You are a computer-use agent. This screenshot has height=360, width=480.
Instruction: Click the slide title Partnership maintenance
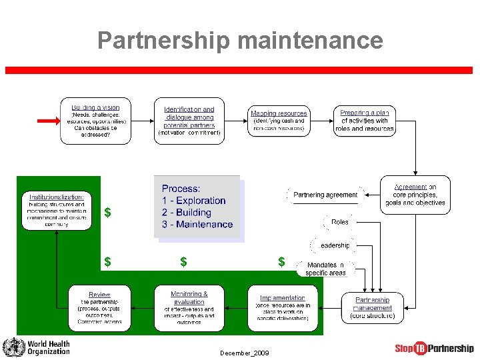click(x=240, y=41)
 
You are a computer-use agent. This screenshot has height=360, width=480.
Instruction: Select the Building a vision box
click(x=95, y=121)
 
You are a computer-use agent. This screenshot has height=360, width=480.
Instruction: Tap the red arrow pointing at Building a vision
click(x=48, y=121)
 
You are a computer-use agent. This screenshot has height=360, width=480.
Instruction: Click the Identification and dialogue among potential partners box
click(x=189, y=121)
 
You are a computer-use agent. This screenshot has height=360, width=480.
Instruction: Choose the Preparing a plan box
click(x=364, y=121)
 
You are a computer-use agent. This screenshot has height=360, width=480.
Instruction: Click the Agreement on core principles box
click(x=415, y=195)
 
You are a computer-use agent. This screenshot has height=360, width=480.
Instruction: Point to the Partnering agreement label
click(x=325, y=195)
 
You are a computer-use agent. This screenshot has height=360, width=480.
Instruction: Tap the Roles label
click(x=339, y=222)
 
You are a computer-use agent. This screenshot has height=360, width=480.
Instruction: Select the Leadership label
click(x=334, y=245)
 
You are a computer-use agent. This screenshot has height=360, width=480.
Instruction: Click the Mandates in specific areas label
click(x=326, y=269)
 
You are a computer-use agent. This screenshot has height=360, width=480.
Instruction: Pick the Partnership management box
click(x=373, y=307)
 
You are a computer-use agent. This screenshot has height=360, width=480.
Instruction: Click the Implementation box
click(x=282, y=307)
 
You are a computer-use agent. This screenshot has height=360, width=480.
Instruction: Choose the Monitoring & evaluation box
click(x=189, y=307)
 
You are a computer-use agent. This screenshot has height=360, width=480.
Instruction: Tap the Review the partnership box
click(x=99, y=307)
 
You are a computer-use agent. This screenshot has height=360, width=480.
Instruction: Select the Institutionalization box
click(x=57, y=210)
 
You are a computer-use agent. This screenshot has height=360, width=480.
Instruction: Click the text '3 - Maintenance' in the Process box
click(x=197, y=225)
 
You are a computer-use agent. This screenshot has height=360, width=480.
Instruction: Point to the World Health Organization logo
click(x=36, y=347)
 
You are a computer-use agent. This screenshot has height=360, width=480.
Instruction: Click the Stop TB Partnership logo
click(x=434, y=348)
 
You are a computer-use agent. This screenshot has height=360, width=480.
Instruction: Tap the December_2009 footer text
click(x=245, y=353)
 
